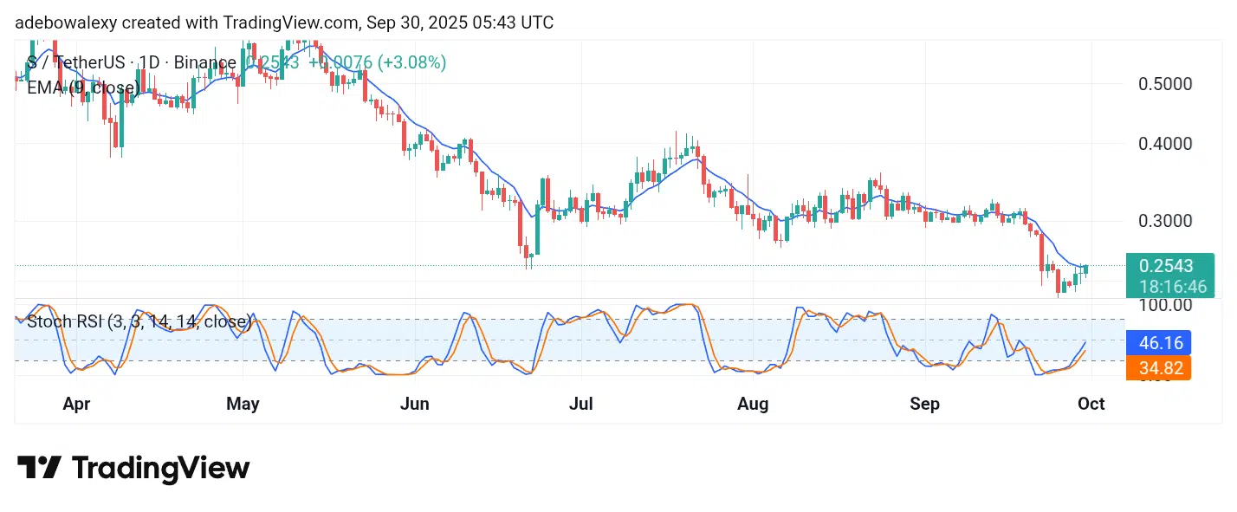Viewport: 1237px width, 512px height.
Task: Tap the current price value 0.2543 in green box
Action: click(1167, 266)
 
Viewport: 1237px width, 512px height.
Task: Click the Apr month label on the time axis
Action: click(77, 404)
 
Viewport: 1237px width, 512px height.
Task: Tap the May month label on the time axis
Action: click(243, 404)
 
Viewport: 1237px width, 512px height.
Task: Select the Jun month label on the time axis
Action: click(415, 404)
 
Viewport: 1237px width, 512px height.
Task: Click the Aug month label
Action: click(752, 404)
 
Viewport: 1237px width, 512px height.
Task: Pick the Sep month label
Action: click(924, 404)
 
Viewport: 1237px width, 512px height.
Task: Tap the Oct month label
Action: click(1091, 404)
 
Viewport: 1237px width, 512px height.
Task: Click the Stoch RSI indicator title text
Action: click(139, 323)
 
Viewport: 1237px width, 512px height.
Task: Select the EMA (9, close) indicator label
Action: click(83, 87)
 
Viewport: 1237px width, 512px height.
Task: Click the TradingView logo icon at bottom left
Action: click(39, 468)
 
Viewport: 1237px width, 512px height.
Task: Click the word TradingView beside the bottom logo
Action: click(160, 468)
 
